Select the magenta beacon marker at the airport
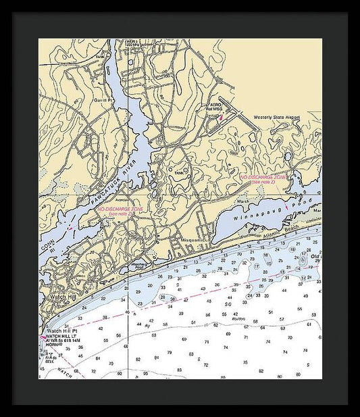pyautogui.click(x=221, y=118)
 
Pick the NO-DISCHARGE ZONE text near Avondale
pyautogui.click(x=121, y=210)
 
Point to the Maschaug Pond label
pyautogui.click(x=138, y=265)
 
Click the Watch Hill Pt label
pyautogui.click(x=61, y=330)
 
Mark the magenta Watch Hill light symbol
pyautogui.click(x=43, y=336)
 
